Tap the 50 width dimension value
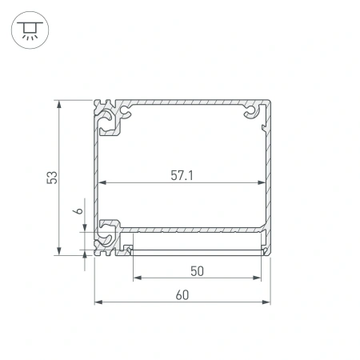[x=198, y=270]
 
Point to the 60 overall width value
[x=182, y=294]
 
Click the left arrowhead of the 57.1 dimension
[x=102, y=185]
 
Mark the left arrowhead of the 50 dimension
[x=134, y=278]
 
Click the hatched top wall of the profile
[x=184, y=103]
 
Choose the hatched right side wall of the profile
[x=269, y=176]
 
